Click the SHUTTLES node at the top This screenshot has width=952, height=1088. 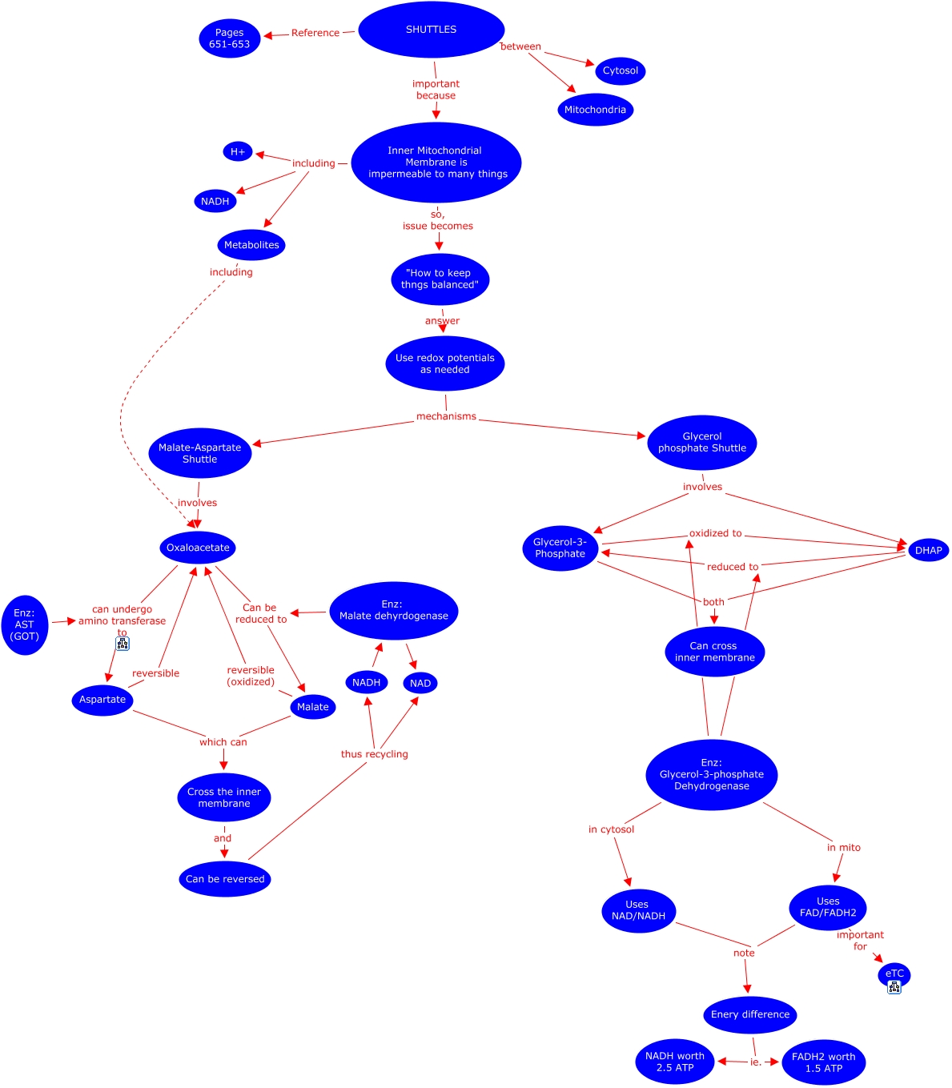(x=431, y=30)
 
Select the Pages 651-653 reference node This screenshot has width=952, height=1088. (x=230, y=38)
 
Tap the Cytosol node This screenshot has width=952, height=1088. (x=621, y=70)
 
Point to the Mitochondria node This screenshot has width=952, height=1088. (x=595, y=110)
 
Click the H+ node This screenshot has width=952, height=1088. (x=238, y=151)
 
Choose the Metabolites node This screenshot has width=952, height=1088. (x=251, y=245)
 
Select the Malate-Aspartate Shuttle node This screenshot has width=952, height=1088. (x=200, y=453)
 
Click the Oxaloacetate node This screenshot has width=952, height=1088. (x=198, y=548)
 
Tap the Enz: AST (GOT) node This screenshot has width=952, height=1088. (x=25, y=624)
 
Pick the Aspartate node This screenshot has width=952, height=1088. (x=102, y=699)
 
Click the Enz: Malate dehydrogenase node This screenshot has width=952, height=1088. (x=393, y=610)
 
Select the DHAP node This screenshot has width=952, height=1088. (x=928, y=550)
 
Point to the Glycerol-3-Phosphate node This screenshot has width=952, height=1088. (x=560, y=548)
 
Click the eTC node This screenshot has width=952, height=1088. (x=894, y=974)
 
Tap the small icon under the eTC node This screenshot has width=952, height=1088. (x=894, y=987)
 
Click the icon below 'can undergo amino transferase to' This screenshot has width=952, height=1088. (x=123, y=644)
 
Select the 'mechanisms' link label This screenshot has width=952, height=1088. (x=446, y=416)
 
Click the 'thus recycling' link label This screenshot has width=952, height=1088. (x=374, y=754)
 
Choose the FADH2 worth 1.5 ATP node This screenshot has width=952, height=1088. (x=823, y=1062)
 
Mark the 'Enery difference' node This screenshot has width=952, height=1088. (x=750, y=1014)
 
